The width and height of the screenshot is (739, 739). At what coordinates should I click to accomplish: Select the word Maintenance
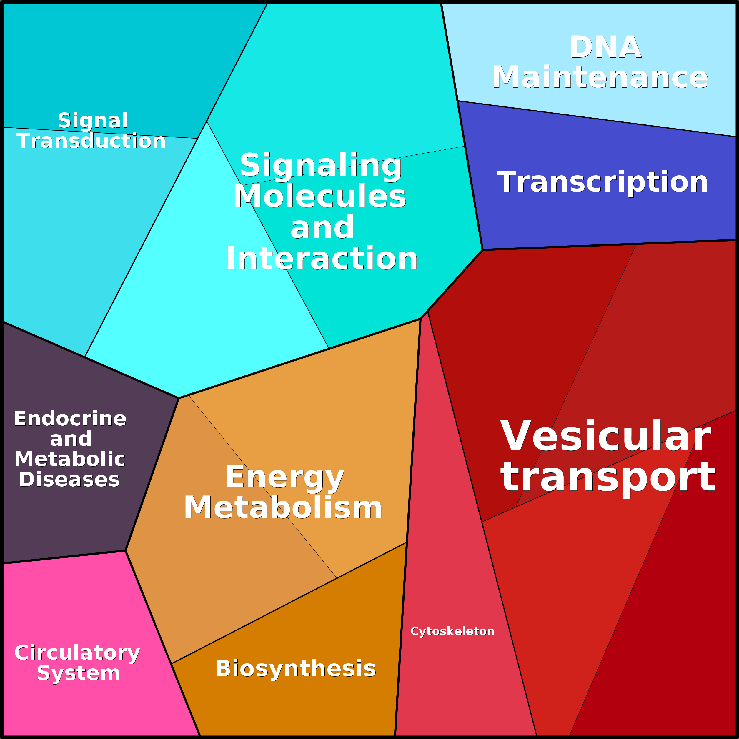(600, 78)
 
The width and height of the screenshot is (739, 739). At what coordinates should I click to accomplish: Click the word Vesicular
(605, 437)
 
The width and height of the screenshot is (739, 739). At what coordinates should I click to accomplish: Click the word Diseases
(69, 479)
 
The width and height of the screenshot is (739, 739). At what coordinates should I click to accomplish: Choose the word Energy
(285, 477)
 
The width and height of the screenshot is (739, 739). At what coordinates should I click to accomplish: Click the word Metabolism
(283, 507)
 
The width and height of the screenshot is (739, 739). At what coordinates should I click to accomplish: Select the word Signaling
(321, 165)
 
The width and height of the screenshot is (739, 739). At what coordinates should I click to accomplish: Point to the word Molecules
(319, 196)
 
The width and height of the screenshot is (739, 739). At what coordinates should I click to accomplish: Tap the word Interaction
(321, 259)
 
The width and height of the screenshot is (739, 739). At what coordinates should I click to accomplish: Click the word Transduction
(91, 141)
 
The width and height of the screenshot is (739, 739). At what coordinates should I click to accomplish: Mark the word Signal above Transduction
(93, 121)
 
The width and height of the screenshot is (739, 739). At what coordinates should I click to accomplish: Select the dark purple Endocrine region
(76, 524)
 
